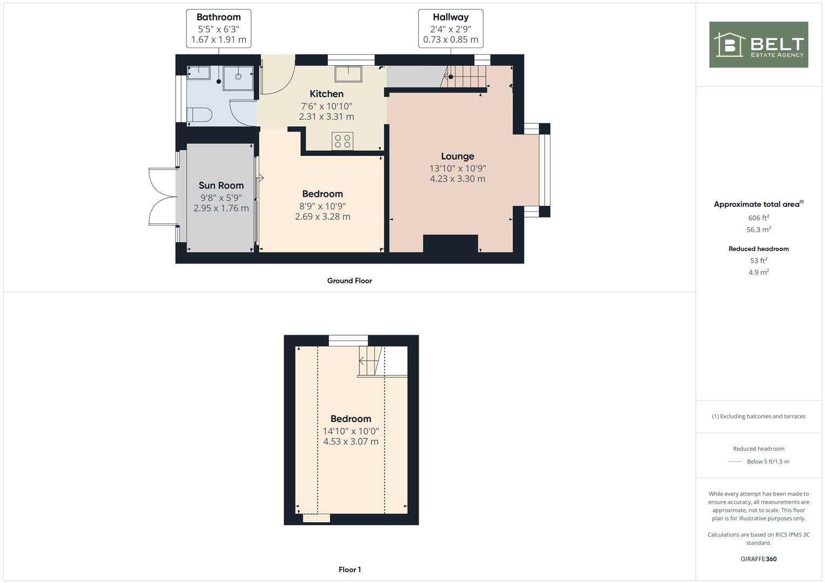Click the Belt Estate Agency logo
tap(759, 45)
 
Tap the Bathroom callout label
tap(218, 28)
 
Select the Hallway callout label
tap(451, 28)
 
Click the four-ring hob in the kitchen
tap(343, 141)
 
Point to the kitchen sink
tap(348, 73)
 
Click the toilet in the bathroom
tap(199, 115)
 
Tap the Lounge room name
tap(457, 157)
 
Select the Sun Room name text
tap(221, 186)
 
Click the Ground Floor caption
tap(349, 281)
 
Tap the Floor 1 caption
tap(350, 570)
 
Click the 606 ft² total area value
tap(759, 218)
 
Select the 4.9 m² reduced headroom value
tap(759, 273)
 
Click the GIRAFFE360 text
tap(759, 559)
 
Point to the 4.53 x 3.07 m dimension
tap(351, 442)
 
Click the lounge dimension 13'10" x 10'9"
tap(457, 168)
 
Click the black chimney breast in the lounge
tap(450, 243)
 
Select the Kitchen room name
tap(326, 94)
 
